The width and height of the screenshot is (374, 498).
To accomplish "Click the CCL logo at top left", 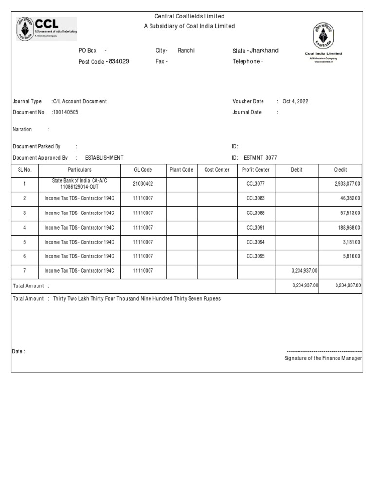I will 46,29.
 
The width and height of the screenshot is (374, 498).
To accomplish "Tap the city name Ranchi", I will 186,51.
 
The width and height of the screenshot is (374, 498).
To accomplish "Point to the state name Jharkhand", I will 265,51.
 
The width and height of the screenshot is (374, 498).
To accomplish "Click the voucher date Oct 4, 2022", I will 296,102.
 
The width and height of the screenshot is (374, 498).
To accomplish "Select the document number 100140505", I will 66,112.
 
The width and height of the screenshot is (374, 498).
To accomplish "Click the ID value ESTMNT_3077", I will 260,158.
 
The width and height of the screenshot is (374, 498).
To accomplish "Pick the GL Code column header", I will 143,170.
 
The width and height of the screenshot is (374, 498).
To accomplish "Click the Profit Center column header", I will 256,170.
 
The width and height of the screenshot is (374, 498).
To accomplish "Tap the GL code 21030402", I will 143,184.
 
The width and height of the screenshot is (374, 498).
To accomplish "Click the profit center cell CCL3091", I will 256,227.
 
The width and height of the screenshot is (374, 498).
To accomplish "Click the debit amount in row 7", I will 305,270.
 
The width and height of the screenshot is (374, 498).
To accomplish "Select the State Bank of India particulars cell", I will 79,184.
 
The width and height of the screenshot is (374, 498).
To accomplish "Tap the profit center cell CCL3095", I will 256,256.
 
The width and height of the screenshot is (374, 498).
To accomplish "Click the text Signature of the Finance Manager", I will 323,358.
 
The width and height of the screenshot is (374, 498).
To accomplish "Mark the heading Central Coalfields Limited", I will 189,17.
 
